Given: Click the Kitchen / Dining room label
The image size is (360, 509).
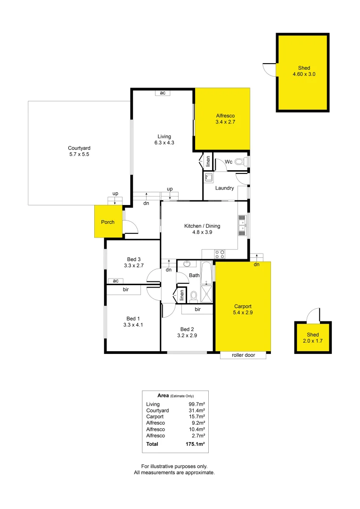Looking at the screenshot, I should coord(202,226).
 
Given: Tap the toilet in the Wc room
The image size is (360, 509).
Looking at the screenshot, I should coord(240,162).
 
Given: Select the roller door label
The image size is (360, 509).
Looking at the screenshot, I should coord(243,355).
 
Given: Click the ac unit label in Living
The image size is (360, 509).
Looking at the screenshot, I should coord(163,93).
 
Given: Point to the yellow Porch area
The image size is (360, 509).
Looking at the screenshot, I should coord(108,222).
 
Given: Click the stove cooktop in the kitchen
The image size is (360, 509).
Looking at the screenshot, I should coord(220,254).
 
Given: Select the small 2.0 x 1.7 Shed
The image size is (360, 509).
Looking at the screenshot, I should coord(313,337).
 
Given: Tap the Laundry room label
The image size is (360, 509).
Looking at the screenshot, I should coord(225,188).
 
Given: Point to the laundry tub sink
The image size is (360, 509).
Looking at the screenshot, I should coord(209,178).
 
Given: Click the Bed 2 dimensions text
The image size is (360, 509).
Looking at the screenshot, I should coord(187,336).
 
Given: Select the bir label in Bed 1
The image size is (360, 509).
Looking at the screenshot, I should coord(126,289).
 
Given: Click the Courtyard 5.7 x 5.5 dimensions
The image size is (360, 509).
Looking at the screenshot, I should coord(79,154).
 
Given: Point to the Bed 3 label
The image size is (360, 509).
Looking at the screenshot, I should coord(134,259).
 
